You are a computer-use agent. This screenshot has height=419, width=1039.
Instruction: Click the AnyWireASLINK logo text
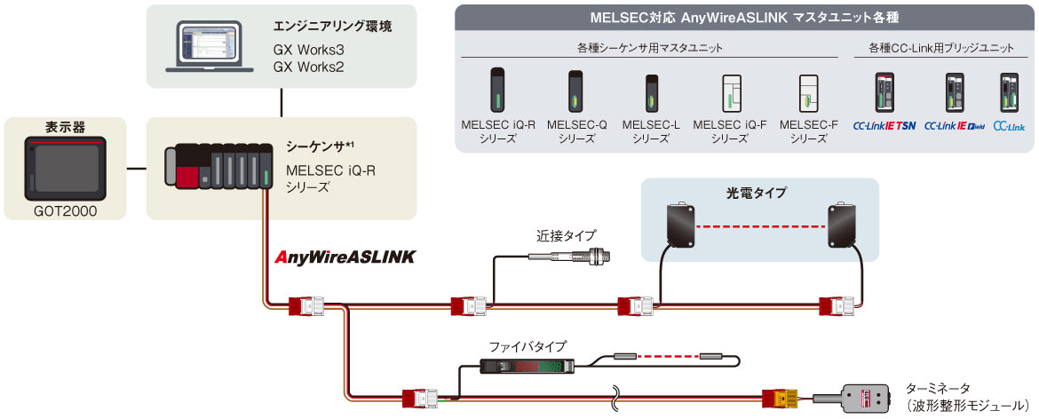coord(345,257)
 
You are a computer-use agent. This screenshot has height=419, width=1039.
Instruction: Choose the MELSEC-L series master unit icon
coord(651,92)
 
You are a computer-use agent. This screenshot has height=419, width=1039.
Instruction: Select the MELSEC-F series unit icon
coord(808,92)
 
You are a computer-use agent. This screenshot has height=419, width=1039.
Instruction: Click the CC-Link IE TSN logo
coord(884,127)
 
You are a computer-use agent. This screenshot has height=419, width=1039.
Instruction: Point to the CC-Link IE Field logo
coord(955,127)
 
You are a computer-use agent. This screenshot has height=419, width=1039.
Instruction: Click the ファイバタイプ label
coord(527,346)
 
